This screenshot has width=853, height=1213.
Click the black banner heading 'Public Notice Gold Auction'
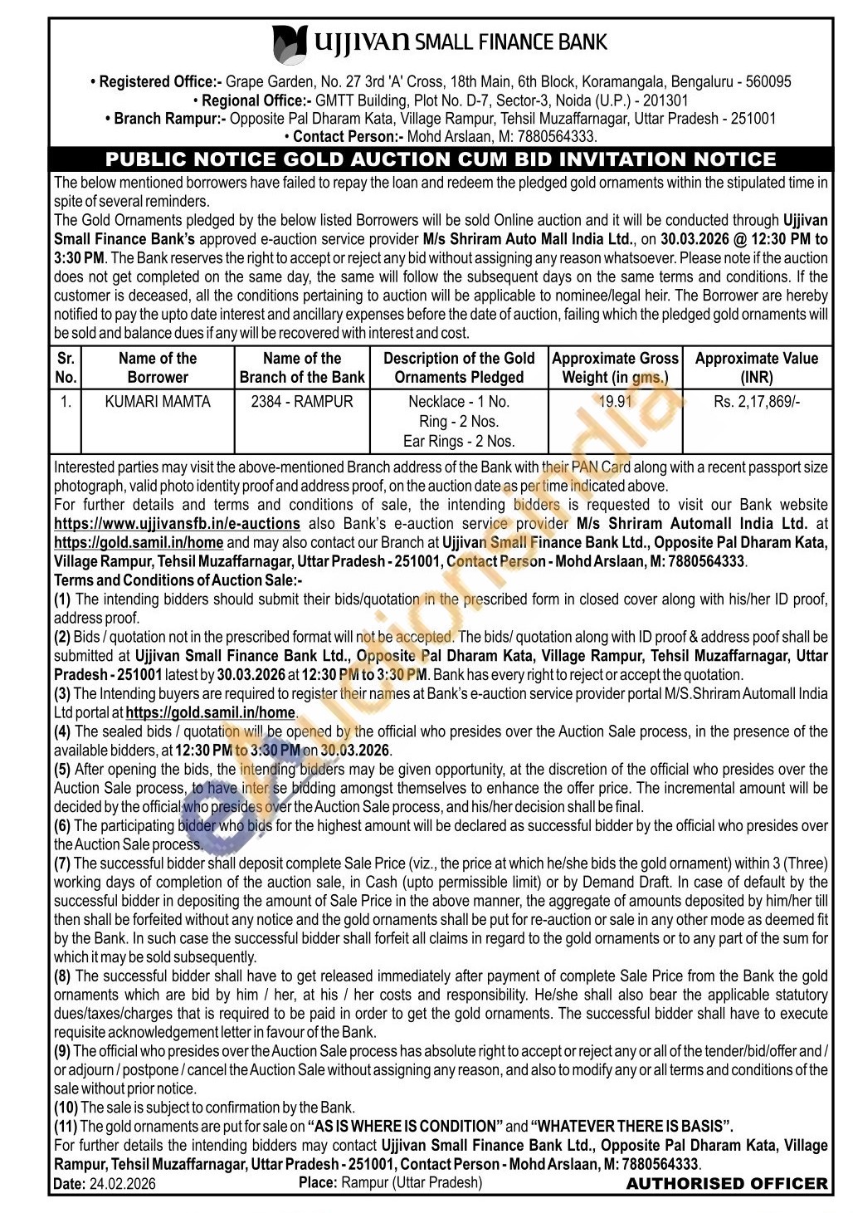click(441, 159)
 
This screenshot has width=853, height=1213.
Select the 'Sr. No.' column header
click(66, 368)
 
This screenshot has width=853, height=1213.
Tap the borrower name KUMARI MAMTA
click(158, 402)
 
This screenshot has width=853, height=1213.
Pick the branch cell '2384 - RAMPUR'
click(302, 402)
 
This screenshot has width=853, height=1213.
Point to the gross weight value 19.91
click(615, 402)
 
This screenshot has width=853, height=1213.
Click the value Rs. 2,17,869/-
click(757, 402)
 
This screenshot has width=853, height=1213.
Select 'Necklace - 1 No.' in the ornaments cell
click(459, 402)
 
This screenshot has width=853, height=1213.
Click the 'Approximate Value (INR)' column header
click(757, 368)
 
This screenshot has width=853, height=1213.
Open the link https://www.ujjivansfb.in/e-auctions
click(177, 524)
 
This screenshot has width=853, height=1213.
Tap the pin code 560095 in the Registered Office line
click(768, 82)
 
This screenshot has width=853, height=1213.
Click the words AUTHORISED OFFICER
click(727, 1184)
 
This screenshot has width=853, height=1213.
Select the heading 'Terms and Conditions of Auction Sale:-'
click(178, 580)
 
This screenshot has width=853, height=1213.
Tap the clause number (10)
click(66, 1108)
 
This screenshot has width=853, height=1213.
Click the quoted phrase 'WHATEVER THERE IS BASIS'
click(631, 1127)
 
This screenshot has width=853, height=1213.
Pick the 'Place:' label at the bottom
click(318, 1182)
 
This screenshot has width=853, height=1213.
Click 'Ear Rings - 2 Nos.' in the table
click(459, 442)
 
